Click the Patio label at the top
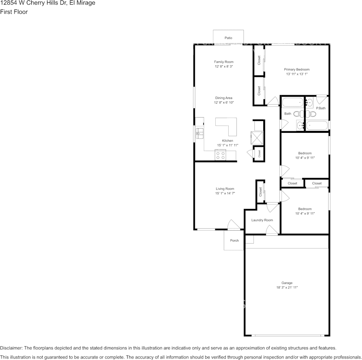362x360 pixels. coord(228,38)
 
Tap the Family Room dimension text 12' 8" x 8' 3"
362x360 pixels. coord(224,67)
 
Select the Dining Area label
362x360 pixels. coord(224,98)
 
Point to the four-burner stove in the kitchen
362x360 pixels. coord(220,155)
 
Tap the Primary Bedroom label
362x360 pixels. coord(296,70)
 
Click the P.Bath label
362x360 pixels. coord(321,108)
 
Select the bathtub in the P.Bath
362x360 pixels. coord(317,125)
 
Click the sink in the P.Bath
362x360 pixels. coord(309,102)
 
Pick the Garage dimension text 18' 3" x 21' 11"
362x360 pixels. coord(287,288)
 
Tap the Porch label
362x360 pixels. coord(234,241)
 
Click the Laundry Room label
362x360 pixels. coord(262,220)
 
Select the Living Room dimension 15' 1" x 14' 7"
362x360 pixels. coord(225,193)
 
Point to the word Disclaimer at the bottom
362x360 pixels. coord(11,348)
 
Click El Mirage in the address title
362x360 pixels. coord(82,3)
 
